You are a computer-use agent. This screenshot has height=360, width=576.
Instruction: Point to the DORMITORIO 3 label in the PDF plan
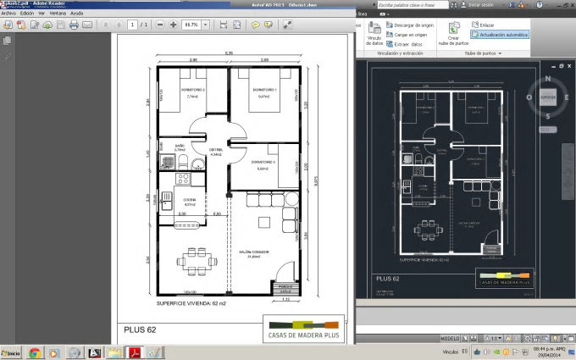point(263,161)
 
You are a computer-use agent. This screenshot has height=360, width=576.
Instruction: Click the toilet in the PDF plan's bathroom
point(194,164)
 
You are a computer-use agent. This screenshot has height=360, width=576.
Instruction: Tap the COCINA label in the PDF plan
point(189,199)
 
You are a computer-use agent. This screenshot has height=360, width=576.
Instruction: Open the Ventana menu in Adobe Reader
point(58,14)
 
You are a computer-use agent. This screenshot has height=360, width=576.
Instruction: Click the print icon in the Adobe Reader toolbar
point(73,25)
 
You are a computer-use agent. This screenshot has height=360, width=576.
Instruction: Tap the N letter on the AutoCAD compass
point(549,80)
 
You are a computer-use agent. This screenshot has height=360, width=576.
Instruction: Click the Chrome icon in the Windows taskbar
point(36,352)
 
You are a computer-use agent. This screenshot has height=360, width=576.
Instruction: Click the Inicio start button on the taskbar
point(12,352)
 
